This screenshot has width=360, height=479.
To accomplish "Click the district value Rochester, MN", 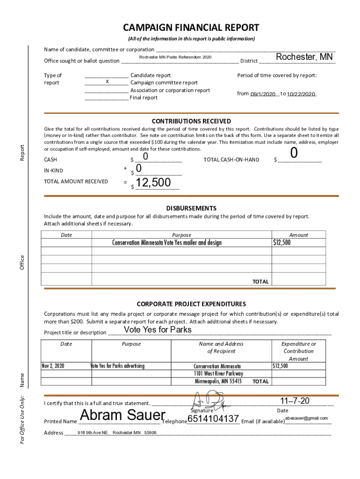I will click(304, 57).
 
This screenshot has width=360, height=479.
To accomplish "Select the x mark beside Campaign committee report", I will click(107, 82).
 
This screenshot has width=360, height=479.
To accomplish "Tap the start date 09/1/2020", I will click(263, 94).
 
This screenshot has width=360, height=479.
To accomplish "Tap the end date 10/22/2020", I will click(301, 94).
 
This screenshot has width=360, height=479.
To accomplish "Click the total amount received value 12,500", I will click(153, 183).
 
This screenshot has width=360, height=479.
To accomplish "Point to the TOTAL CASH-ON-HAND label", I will click(231, 160).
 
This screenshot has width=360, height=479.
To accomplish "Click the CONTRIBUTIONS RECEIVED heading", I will click(191, 121).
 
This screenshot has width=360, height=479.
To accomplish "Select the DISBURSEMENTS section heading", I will click(191, 208).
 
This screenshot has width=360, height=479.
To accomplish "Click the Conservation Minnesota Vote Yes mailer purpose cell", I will click(166, 242).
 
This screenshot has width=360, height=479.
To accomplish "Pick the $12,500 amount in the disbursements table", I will click(282, 242).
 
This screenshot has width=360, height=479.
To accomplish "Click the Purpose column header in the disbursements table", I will click(181, 235).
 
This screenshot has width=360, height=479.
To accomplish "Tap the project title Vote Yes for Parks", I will click(158, 330).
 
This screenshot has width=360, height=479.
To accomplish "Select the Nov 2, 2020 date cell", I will click(53, 366).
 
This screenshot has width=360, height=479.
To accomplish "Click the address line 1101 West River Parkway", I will click(218, 373).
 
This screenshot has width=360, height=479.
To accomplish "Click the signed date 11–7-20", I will click(295, 401).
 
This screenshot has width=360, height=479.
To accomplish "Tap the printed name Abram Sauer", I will click(122, 415).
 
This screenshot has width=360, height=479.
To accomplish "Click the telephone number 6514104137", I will click(213, 418).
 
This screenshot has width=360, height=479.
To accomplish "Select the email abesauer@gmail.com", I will click(306, 418).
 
